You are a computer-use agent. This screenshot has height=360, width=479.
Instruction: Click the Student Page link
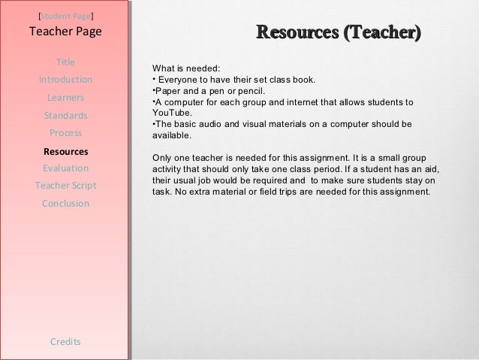(65, 15)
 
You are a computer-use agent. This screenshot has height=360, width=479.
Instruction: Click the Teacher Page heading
(65, 32)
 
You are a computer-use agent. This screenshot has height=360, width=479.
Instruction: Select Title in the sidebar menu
(65, 62)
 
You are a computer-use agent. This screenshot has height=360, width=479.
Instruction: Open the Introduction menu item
(65, 80)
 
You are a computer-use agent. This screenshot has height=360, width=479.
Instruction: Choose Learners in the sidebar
(65, 98)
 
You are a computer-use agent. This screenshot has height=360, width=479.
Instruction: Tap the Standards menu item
(65, 116)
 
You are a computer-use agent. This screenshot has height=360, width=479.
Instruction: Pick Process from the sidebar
(65, 133)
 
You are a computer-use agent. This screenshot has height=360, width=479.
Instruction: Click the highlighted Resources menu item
(65, 151)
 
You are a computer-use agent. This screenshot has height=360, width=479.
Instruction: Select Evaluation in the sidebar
(65, 168)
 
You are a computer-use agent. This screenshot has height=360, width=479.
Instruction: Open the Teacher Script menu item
(65, 186)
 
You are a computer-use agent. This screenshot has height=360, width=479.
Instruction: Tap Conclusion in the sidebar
(65, 204)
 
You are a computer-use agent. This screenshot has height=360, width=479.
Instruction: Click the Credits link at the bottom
(65, 342)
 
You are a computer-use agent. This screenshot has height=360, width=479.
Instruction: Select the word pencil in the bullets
(242, 90)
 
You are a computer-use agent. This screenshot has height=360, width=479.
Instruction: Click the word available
(171, 136)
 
